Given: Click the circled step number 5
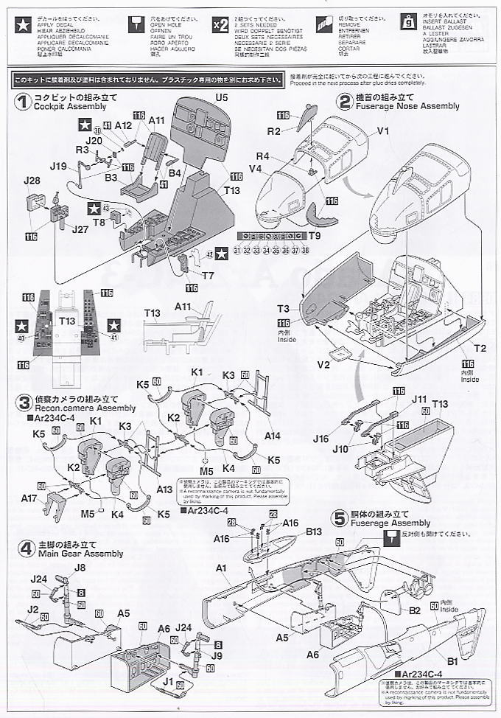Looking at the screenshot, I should pyautogui.click(x=339, y=518).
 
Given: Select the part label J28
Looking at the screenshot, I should pyautogui.click(x=32, y=181).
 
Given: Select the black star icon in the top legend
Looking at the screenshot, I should pyautogui.click(x=19, y=23).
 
